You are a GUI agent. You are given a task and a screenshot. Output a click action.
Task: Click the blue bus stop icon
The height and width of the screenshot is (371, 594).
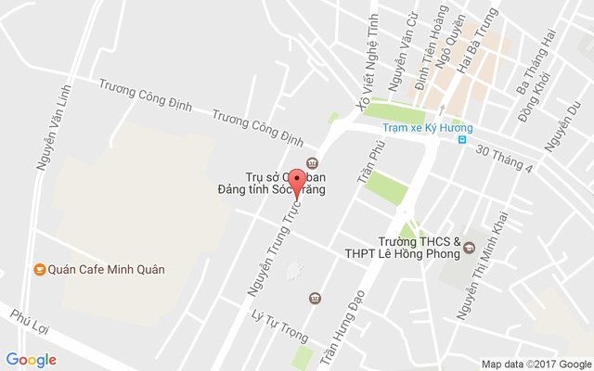tap(461, 140)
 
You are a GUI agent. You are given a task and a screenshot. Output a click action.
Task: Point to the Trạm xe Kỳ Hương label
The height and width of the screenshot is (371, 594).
tap(428, 127)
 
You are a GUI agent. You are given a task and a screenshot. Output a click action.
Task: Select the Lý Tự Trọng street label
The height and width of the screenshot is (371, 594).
tap(279, 323)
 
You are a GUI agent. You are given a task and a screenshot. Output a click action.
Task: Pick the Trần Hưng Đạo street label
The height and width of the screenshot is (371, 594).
tap(353, 325)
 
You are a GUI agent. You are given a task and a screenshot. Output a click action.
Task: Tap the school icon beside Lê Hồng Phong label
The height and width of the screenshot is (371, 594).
tap(469, 249)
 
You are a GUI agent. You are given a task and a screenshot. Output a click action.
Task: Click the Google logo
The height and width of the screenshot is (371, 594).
tap(31, 360)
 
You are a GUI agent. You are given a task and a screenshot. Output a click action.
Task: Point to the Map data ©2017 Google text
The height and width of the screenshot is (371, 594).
tap(536, 364)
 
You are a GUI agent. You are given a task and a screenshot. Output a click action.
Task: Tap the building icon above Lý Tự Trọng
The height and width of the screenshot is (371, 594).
tap(315, 298)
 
